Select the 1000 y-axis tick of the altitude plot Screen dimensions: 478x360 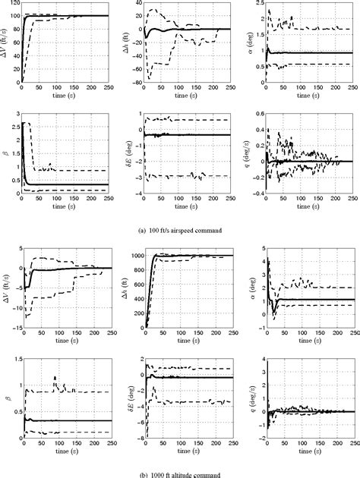pos(134,256)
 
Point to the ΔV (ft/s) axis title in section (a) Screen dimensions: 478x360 pos(5,42)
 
